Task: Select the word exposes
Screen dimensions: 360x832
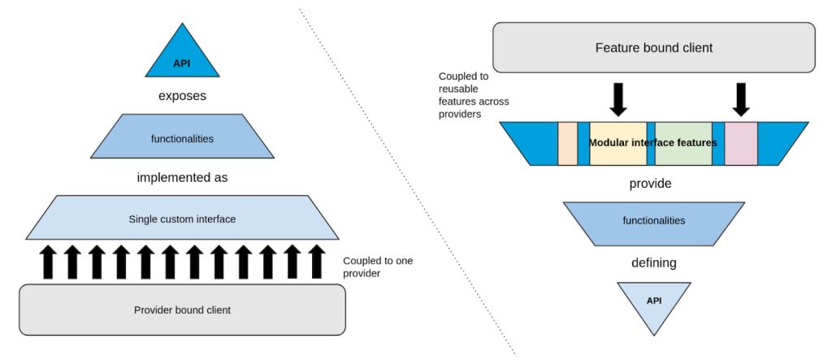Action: [182, 96]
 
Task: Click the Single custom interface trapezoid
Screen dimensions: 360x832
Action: [182, 219]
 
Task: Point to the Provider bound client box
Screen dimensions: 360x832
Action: [182, 310]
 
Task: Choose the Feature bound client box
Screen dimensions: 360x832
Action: [654, 48]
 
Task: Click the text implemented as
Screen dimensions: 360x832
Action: [182, 176]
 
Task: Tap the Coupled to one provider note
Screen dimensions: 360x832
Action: [377, 267]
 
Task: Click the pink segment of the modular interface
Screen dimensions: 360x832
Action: [741, 143]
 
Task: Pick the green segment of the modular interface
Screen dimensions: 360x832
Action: [683, 143]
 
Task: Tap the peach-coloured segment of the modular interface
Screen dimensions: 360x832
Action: [567, 143]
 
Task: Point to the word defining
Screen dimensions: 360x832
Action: [654, 262]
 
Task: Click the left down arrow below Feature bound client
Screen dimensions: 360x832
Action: [618, 99]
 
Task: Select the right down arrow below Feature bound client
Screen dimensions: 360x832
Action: [740, 99]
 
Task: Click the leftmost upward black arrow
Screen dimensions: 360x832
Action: [48, 262]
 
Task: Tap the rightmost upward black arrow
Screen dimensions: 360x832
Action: [316, 262]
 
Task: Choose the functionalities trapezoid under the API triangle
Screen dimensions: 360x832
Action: [182, 138]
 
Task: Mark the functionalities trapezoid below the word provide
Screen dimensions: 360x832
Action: [653, 220]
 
